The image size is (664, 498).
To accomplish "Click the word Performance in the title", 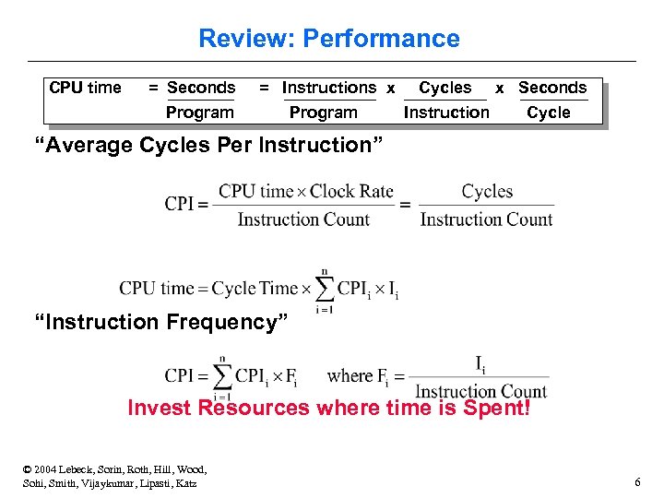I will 381,39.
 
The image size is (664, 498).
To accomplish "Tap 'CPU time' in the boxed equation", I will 85,88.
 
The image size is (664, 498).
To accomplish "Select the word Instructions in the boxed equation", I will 329,88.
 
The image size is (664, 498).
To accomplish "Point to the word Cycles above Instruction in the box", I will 445,88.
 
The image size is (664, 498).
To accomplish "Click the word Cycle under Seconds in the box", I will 549,113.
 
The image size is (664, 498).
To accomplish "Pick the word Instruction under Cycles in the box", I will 446,113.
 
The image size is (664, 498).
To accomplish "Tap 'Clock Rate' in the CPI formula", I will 351,192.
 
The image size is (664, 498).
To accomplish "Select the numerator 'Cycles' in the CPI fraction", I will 487,192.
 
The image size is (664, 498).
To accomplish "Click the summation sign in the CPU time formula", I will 324,289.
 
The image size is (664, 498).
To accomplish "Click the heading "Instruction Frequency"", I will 161,322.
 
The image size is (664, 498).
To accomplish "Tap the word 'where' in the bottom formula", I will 350,375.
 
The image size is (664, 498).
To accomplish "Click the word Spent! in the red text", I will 498,407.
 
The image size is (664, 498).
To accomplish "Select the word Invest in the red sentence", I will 159,407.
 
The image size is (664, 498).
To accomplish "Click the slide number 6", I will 637,482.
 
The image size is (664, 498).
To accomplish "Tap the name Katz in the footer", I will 184,483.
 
